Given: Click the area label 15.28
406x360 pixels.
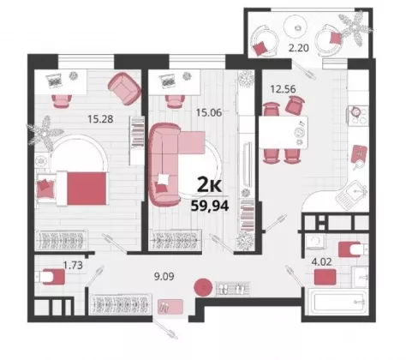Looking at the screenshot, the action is pyautogui.click(x=100, y=118).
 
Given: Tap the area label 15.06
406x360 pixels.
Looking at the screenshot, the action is pyautogui.click(x=209, y=112).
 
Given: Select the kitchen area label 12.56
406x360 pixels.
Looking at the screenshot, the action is pyautogui.click(x=283, y=89).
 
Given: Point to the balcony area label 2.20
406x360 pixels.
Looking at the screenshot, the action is pyautogui.click(x=299, y=48).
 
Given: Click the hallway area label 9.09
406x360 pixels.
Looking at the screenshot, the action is pyautogui.click(x=164, y=276).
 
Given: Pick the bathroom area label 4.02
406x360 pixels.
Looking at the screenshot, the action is pyautogui.click(x=321, y=261).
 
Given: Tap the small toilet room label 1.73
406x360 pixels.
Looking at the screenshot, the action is pyautogui.click(x=73, y=265).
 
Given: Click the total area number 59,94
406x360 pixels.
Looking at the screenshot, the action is pyautogui.click(x=210, y=206).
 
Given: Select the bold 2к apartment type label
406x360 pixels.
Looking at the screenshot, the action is pyautogui.click(x=210, y=186).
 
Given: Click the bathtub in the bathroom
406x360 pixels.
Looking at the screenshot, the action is pyautogui.click(x=337, y=303).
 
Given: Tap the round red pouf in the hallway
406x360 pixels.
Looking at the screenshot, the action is pyautogui.click(x=203, y=287).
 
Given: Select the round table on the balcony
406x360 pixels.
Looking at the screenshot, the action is pyautogui.click(x=298, y=27).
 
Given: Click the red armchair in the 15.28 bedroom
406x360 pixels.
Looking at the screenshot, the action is pyautogui.click(x=124, y=88).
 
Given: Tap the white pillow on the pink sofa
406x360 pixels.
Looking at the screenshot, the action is pyautogui.click(x=164, y=179).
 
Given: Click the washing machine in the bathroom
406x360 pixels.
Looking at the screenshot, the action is pyautogui.click(x=316, y=242).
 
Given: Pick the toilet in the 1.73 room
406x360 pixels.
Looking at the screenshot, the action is pyautogui.click(x=50, y=277).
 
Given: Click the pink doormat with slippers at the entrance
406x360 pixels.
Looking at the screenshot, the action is pyautogui.click(x=170, y=307).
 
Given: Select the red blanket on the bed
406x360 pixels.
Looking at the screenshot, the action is pyautogui.click(x=87, y=189).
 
